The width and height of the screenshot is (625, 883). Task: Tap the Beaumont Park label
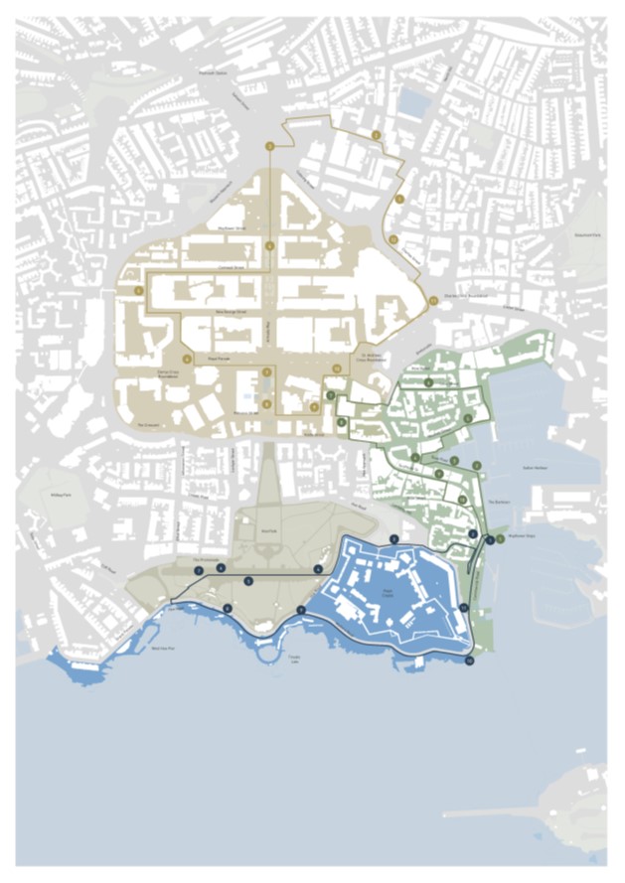click(587, 234)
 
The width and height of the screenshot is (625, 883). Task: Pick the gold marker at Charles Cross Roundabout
click(433, 300)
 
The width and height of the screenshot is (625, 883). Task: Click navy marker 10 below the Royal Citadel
click(469, 660)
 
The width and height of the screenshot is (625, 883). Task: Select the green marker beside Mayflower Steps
click(500, 539)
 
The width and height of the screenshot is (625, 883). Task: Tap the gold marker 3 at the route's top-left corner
click(269, 147)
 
